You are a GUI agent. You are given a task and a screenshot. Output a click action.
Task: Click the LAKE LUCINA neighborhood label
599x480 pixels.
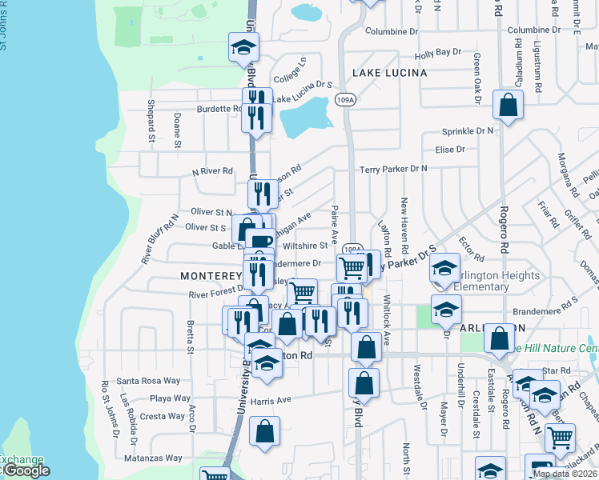[388, 73]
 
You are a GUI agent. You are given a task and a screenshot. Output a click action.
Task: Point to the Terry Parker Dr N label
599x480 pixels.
[393, 169]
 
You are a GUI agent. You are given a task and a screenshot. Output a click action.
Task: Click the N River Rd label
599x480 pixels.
[211, 171]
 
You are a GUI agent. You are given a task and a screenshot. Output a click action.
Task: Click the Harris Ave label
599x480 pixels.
[270, 400]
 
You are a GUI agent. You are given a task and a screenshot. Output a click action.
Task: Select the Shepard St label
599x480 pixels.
[151, 121]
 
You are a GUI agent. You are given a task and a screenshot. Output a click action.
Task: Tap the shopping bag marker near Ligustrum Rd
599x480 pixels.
[508, 105]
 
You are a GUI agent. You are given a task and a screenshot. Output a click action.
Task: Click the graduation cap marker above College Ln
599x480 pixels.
[243, 47]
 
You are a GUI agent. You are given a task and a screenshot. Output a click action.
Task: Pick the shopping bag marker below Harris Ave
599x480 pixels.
[264, 432]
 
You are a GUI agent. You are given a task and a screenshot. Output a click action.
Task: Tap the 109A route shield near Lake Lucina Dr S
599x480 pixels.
[344, 100]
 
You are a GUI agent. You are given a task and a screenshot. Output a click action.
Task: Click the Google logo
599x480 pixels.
[26, 471]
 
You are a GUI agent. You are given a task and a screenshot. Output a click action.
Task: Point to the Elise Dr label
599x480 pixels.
[449, 150]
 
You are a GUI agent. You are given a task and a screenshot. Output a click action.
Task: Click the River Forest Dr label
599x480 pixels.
[216, 294]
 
